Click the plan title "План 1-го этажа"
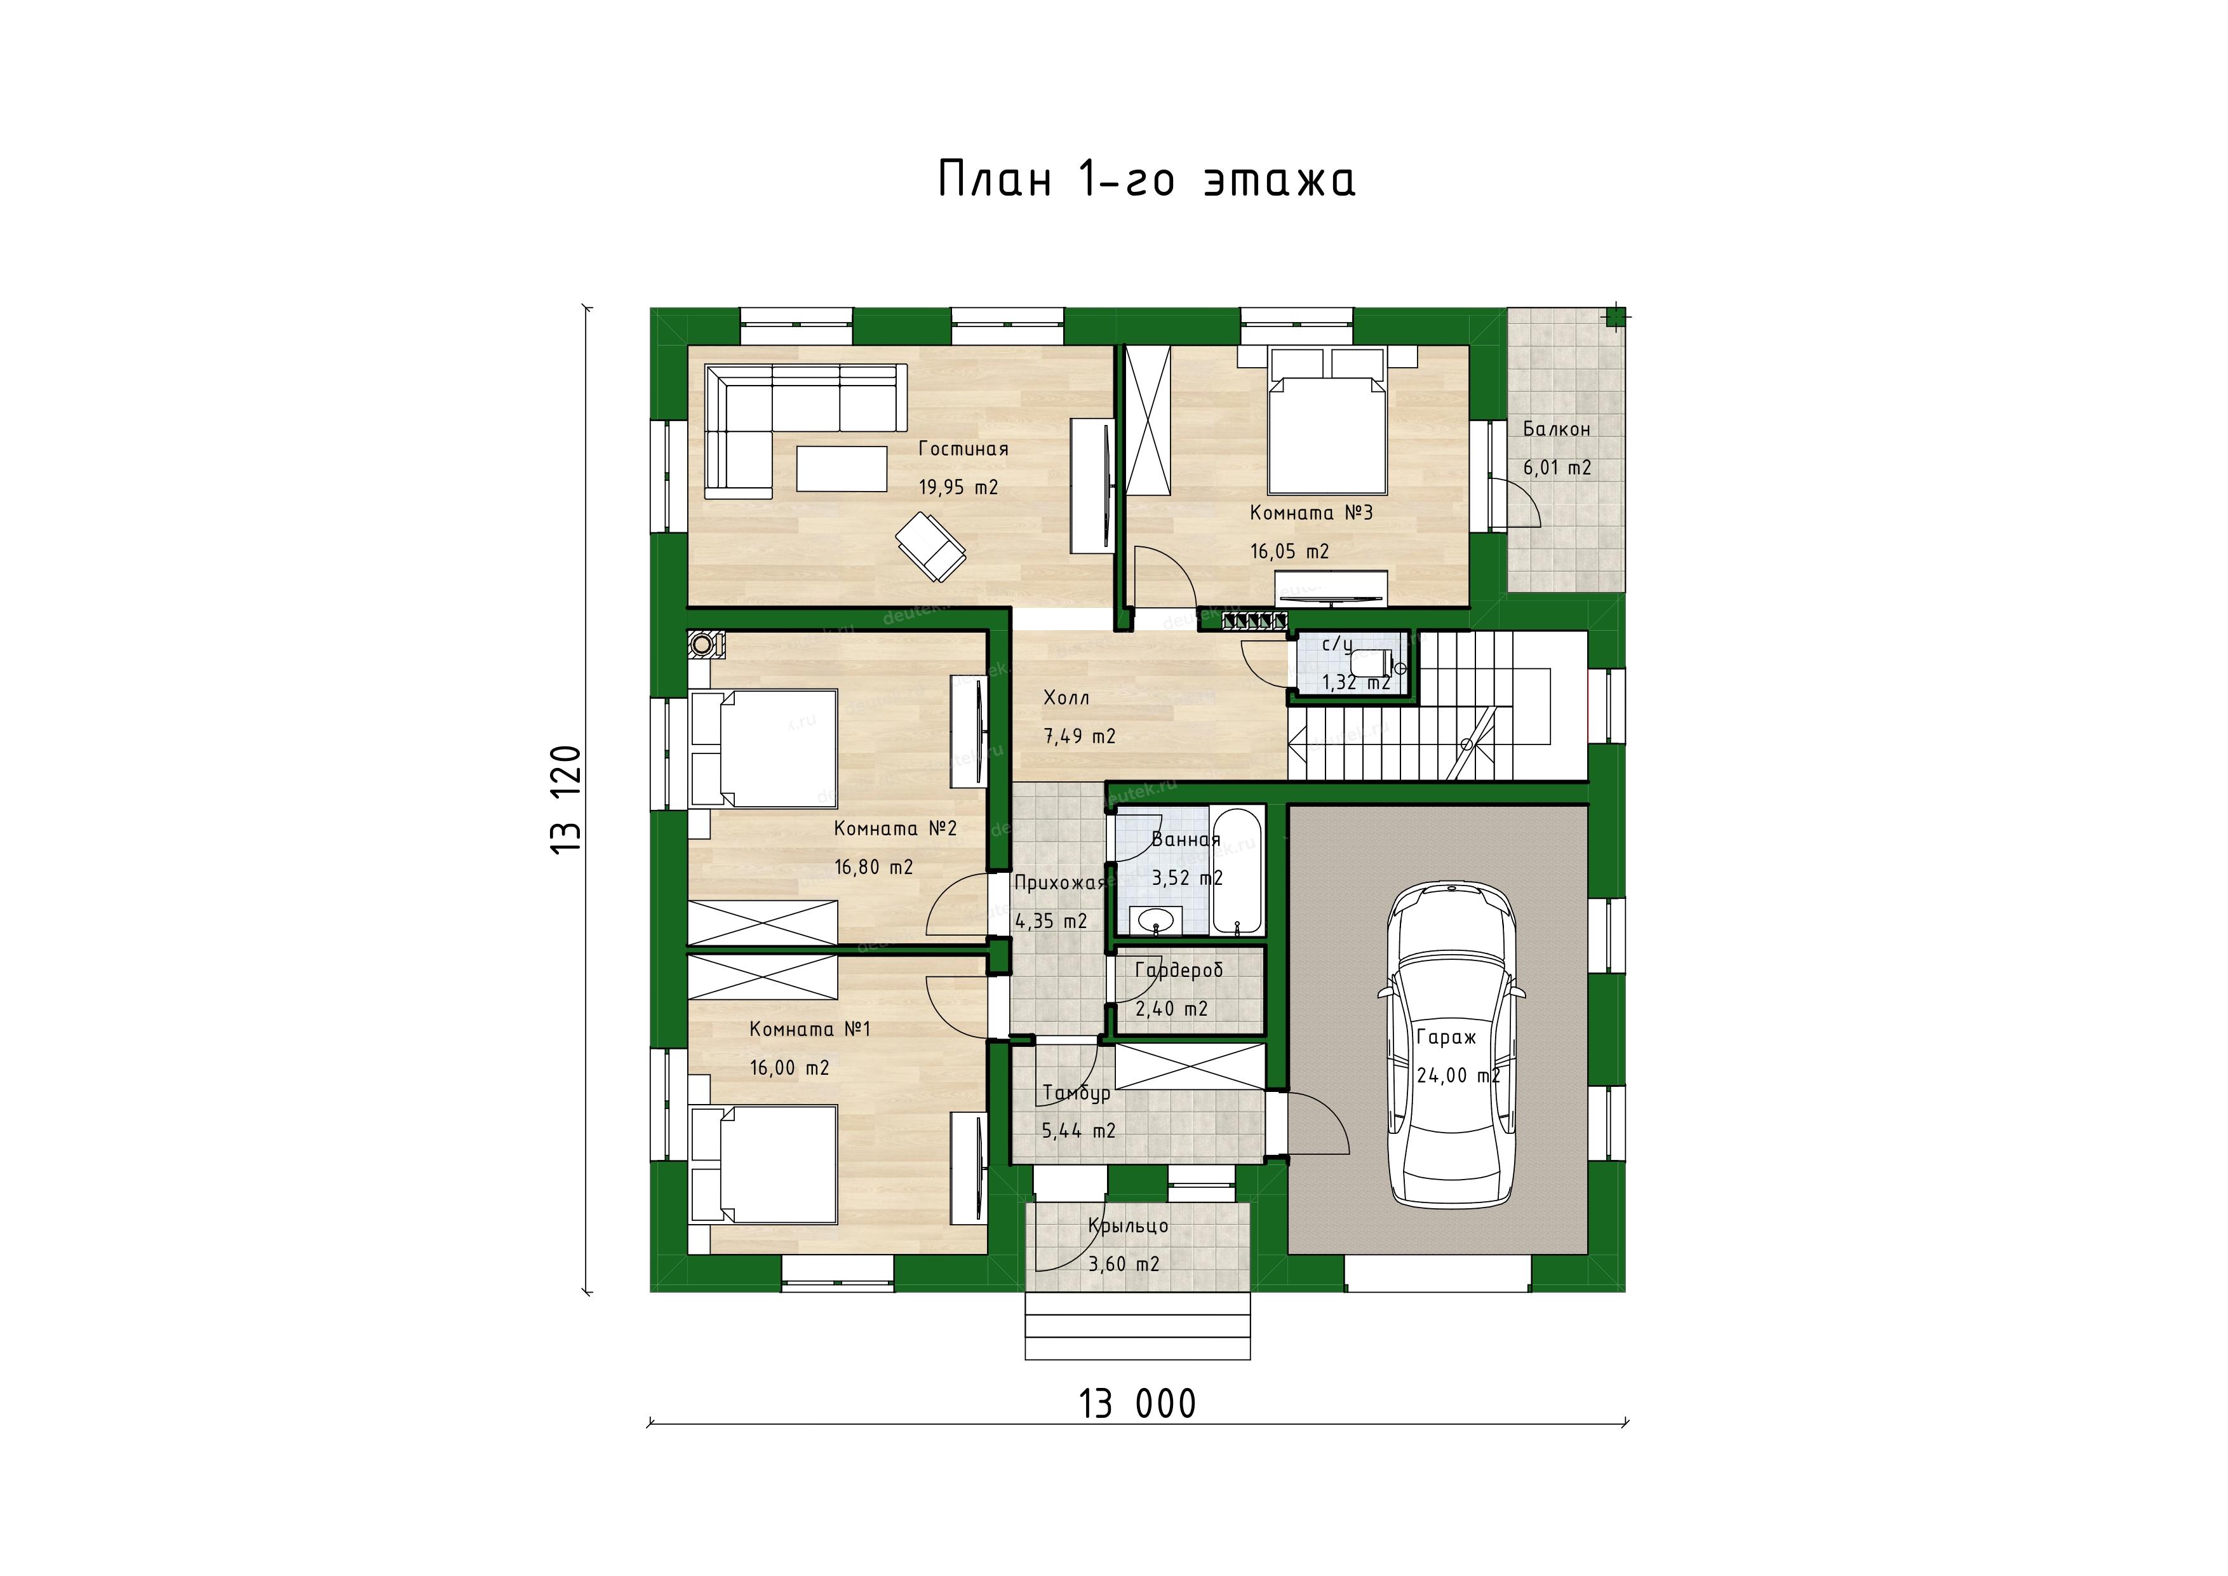pos(1146,180)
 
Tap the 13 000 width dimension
pos(1137,1404)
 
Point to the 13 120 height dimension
pos(566,798)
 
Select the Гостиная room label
pos(963,449)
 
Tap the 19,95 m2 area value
pos(959,487)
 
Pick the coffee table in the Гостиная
pos(842,469)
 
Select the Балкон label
pos(1557,429)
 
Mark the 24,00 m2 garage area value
pos(1458,1076)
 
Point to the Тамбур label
pos(1077,1093)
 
